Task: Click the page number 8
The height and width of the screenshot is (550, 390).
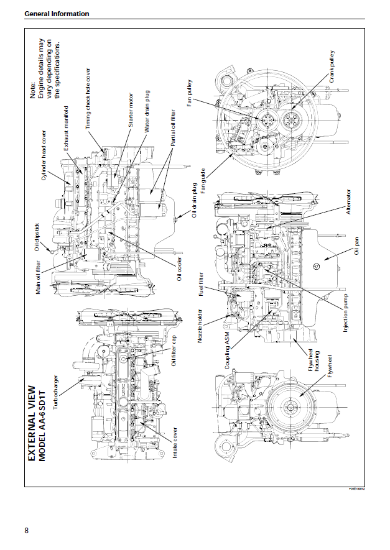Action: [x=26, y=530]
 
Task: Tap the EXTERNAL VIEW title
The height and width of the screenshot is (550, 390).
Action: [x=32, y=423]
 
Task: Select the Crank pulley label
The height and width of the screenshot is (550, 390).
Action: [x=333, y=69]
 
